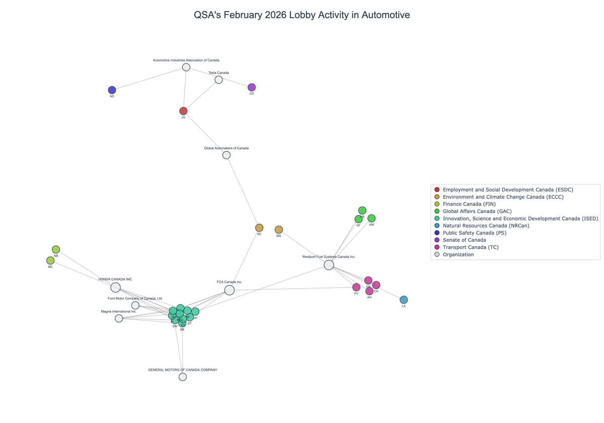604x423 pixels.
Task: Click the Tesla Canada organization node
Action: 218,80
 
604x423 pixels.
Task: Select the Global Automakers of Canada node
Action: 226,155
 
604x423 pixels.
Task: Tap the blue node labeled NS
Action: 112,90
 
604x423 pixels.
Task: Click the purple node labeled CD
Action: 252,87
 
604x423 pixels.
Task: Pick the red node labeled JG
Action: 183,111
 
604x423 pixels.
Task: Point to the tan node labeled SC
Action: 259,228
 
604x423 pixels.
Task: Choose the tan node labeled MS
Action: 279,230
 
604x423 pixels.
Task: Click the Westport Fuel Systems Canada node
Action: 329,265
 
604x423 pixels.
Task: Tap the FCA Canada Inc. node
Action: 230,290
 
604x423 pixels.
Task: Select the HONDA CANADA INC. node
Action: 115,288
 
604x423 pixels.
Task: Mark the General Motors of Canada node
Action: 183,377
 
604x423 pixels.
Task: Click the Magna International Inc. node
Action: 119,318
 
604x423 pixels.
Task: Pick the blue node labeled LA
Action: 404,300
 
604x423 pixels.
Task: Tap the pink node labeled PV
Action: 356,287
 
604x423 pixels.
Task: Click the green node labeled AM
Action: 371,218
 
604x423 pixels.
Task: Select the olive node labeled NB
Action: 56,249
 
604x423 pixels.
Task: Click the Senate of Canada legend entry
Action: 464,240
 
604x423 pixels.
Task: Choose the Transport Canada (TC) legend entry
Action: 469,247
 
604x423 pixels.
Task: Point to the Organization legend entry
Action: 458,254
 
